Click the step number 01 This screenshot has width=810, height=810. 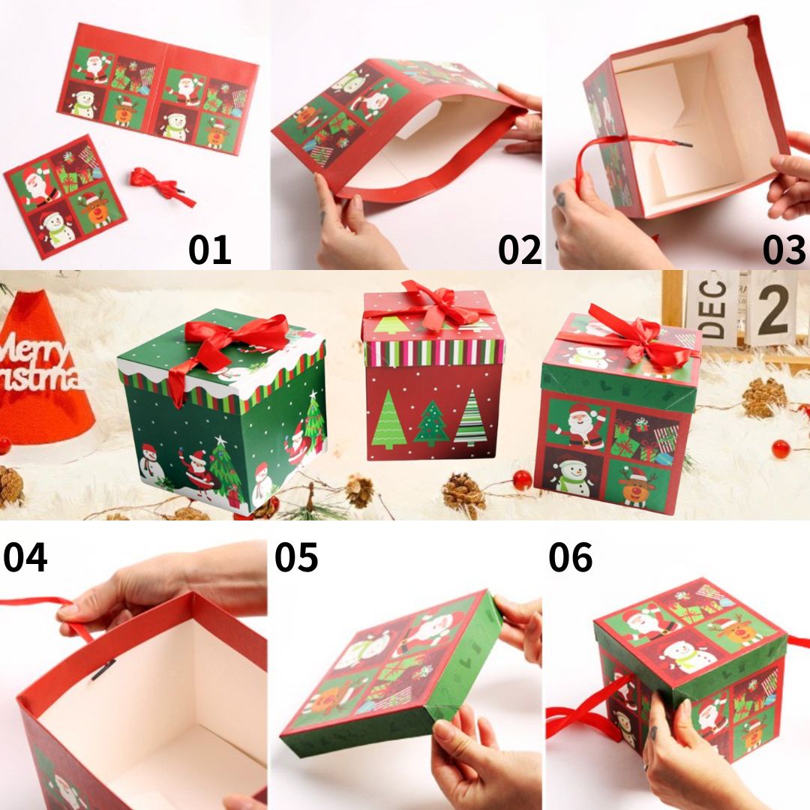coord(209,250)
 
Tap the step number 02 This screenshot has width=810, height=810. coord(519,250)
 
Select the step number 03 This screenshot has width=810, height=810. coord(784,250)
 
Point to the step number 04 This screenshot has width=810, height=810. coord(25,556)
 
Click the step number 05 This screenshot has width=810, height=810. coord(296,556)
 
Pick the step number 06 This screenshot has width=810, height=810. coord(570,556)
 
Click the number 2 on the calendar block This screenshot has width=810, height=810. coord(773,309)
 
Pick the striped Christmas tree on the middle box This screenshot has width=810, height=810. coord(470,418)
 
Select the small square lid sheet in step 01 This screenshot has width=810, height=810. coord(65,196)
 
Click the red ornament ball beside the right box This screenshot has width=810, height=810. coord(781,448)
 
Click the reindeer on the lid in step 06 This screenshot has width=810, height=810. coord(739,628)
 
